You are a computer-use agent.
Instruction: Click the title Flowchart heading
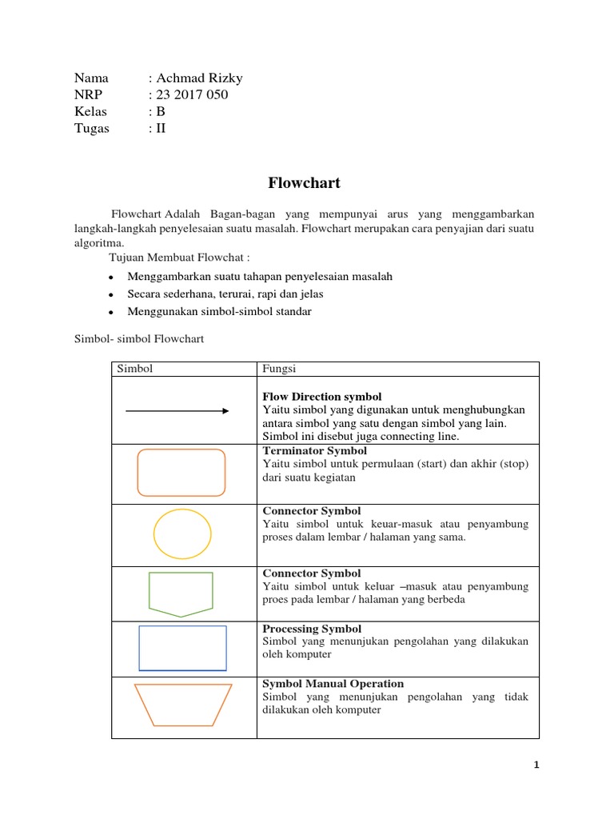304,183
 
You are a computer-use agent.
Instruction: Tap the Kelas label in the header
90,111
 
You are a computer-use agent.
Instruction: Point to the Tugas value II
161,128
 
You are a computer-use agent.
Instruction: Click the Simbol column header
135,369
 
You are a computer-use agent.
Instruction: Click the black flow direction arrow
177,410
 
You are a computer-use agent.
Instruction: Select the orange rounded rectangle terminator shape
181,473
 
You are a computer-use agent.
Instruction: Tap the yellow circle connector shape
182,533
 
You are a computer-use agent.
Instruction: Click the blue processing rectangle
182,648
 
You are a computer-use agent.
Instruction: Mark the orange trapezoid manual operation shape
183,705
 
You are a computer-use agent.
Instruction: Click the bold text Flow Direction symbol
321,397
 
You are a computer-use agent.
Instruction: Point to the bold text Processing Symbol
312,629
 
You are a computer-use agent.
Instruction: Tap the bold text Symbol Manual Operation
333,684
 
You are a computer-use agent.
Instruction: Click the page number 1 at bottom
537,765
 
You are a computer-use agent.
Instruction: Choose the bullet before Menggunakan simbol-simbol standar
109,312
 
